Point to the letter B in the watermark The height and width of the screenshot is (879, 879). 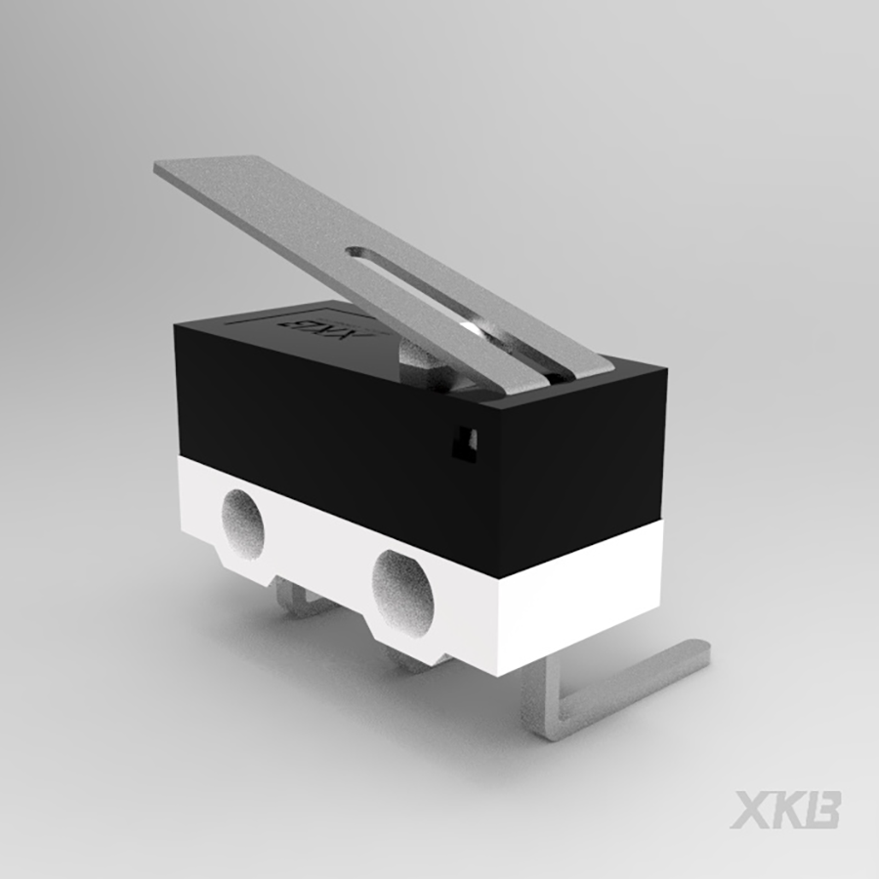tap(821, 809)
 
